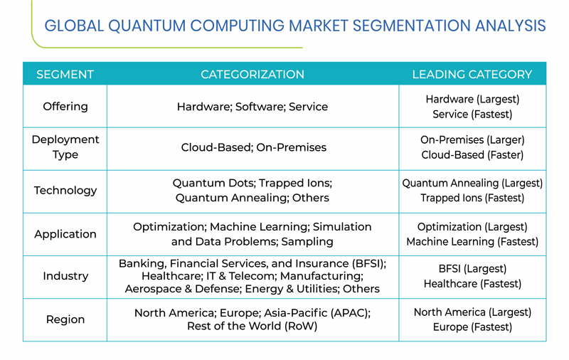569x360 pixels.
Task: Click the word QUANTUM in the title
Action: (147, 26)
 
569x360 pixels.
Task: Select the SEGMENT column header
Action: (65, 75)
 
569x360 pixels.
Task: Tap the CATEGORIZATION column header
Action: (252, 75)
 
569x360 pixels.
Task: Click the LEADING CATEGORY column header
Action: (472, 75)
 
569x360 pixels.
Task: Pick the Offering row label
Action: (65, 106)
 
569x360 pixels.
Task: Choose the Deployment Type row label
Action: (65, 147)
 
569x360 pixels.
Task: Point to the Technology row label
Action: (65, 191)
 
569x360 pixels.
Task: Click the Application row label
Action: (65, 234)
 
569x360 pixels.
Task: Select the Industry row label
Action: (65, 276)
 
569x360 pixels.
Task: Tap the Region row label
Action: (65, 319)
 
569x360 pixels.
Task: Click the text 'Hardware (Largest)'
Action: (472, 99)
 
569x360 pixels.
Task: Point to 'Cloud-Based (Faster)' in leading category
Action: (472, 155)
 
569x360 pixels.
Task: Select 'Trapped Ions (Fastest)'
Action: (472, 198)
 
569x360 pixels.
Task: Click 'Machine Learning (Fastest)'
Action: (472, 242)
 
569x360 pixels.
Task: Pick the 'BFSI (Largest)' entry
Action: (472, 268)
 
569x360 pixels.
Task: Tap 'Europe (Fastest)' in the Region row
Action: (472, 327)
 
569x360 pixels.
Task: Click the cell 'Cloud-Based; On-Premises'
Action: (254, 147)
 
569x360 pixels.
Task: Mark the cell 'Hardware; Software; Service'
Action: (252, 107)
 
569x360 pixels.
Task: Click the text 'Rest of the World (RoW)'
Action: (252, 326)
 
